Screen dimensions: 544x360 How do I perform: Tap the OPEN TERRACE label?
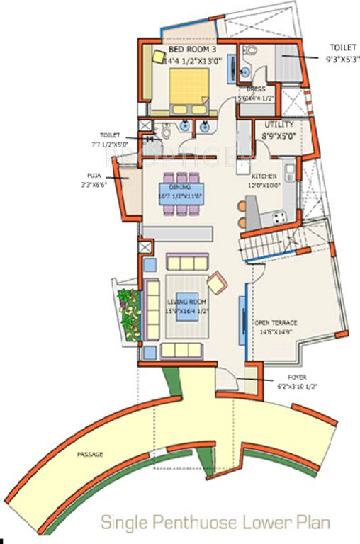(x=276, y=322)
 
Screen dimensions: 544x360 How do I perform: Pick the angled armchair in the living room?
(x=217, y=281)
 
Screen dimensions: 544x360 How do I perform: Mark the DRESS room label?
(x=255, y=89)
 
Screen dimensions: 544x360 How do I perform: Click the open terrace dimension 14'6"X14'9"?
(x=276, y=331)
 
